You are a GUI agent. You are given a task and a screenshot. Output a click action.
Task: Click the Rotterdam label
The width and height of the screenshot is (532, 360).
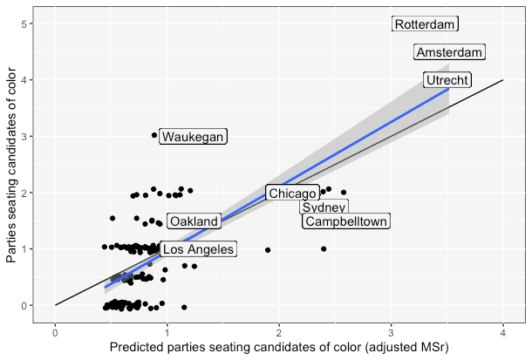click(x=425, y=24)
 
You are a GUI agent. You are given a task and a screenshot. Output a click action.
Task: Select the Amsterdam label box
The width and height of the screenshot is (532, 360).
click(x=449, y=52)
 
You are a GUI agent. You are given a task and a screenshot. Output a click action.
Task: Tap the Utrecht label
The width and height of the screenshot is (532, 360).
click(x=447, y=80)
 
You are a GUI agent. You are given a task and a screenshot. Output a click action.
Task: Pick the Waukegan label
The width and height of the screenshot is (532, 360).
click(x=193, y=137)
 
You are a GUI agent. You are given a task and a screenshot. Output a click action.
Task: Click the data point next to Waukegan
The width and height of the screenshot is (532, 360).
click(x=154, y=135)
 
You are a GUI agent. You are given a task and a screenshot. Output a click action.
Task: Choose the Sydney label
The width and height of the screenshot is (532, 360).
click(x=324, y=207)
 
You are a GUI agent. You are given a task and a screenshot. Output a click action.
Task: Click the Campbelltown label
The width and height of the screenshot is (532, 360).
click(x=345, y=221)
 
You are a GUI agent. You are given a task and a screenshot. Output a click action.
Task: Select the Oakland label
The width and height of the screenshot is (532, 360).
click(x=194, y=221)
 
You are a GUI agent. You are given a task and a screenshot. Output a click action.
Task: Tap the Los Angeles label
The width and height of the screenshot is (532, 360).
click(x=198, y=250)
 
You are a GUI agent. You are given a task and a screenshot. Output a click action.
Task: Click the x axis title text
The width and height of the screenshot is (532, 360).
click(x=279, y=348)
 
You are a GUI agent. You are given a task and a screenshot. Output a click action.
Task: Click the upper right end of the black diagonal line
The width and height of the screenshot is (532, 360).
click(x=502, y=80)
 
